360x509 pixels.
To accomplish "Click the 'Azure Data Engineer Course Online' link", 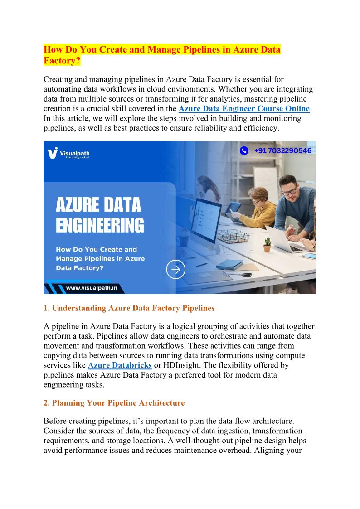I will [244, 109].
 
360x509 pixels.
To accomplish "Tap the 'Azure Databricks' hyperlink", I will [120, 365].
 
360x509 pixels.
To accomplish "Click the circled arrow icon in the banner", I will [175, 269].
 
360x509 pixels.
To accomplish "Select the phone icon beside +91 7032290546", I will [244, 151].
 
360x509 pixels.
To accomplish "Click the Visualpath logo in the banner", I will [68, 153].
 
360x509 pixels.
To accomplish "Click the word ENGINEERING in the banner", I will [100, 225].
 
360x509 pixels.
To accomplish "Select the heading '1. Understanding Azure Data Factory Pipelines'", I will [129, 308].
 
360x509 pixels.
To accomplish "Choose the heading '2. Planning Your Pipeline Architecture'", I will [114, 403].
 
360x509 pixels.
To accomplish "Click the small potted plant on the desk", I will [267, 244].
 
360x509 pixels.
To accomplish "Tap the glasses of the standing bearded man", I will [288, 190].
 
